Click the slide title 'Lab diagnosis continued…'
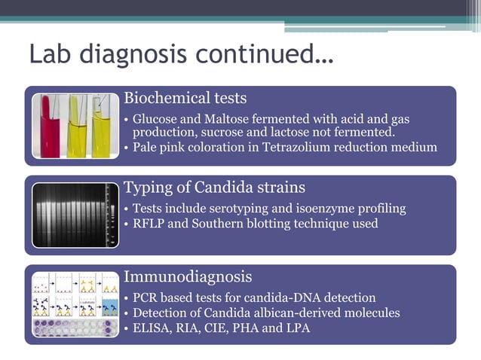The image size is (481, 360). coord(181,55)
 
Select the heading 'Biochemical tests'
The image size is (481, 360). coord(185,99)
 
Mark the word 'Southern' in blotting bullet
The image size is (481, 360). coord(231,223)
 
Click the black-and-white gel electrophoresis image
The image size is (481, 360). coord(75,215)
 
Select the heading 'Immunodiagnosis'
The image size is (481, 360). coord(188,277)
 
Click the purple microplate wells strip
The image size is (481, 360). coord(75,328)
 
